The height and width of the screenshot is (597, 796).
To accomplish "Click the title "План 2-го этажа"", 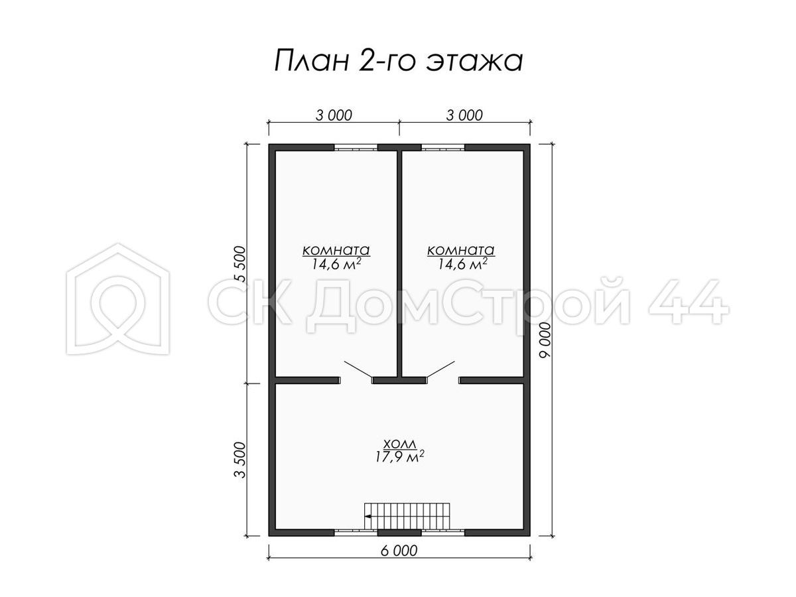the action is pyautogui.click(x=398, y=61).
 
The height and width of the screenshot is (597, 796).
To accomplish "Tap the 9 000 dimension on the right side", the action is pyautogui.click(x=545, y=340).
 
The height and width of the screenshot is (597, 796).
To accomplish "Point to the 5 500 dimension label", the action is pyautogui.click(x=240, y=264).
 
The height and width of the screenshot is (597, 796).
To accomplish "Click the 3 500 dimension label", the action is pyautogui.click(x=240, y=460).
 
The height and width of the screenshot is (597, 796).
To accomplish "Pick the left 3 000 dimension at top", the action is pyautogui.click(x=334, y=115).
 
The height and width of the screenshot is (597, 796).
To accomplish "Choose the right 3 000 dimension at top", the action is pyautogui.click(x=464, y=115).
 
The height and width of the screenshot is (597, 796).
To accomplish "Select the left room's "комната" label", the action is pyautogui.click(x=336, y=250).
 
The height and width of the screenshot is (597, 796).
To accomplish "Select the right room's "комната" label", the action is pyautogui.click(x=461, y=250).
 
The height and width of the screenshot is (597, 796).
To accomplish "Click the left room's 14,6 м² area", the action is pyautogui.click(x=336, y=264).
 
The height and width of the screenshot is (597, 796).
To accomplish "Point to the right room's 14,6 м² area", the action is pyautogui.click(x=462, y=264).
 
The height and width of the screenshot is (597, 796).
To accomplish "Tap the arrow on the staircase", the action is pyautogui.click(x=367, y=516).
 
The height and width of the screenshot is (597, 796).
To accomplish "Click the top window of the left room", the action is pyautogui.click(x=356, y=147).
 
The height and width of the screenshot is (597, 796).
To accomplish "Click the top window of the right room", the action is pyautogui.click(x=443, y=147).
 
